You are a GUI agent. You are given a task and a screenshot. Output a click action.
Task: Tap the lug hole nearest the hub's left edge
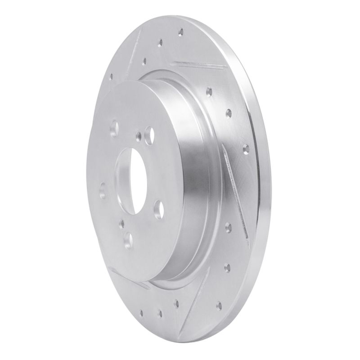103,191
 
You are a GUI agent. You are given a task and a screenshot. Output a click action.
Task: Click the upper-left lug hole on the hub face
114,129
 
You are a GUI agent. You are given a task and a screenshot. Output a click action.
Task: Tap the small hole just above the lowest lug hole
121,221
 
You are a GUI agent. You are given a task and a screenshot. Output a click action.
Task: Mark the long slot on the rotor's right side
236,193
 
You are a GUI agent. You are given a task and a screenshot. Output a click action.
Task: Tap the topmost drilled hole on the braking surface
181,32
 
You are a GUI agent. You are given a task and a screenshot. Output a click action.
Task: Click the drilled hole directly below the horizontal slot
209,92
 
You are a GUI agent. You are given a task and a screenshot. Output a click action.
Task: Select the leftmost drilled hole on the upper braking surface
111,76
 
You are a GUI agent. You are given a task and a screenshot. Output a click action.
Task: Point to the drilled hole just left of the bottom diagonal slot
176,304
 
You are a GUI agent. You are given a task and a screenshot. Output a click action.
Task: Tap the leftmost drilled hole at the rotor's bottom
141,311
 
